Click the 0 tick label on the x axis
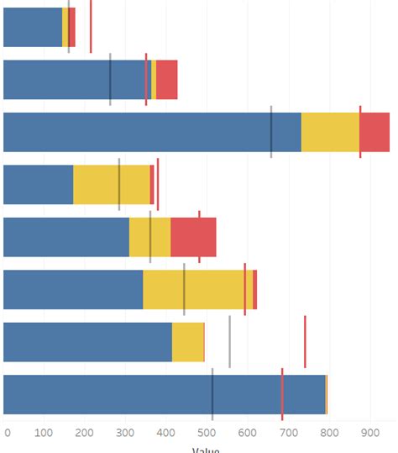coord(8,433)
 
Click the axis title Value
coord(206,450)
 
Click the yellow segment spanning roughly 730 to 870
coord(330,132)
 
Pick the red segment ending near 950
coord(375,132)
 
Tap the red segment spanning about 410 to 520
coord(193,237)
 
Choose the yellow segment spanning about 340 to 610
coord(197,289)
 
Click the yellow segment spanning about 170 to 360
coord(111,184)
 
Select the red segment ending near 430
coord(166,80)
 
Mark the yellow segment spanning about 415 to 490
coord(187,342)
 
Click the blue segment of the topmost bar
coord(33,27)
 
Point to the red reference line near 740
coord(305,342)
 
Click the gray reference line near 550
coord(229,342)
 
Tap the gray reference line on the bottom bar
coord(212,395)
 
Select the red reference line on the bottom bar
coord(282,395)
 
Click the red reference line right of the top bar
coord(91,27)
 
